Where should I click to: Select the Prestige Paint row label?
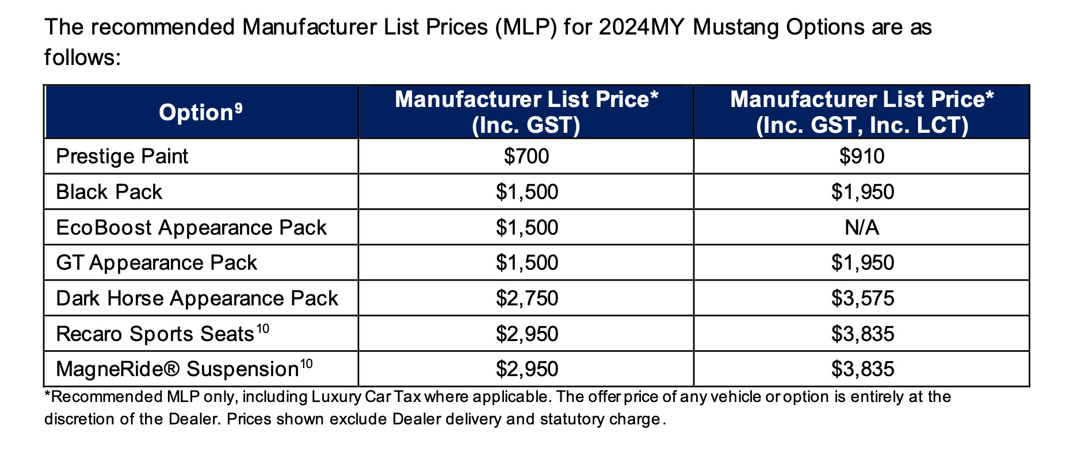[x=122, y=156]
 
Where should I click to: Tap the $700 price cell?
[x=526, y=156]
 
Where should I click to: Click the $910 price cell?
[x=861, y=156]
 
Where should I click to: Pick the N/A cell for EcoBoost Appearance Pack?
[x=861, y=228]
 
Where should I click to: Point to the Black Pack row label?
[x=109, y=192]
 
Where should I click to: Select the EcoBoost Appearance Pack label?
[x=191, y=228]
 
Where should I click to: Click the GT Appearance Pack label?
[x=156, y=263]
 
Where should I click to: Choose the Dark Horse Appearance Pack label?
[x=197, y=298]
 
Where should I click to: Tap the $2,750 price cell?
[x=526, y=298]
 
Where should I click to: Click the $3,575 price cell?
[x=862, y=298]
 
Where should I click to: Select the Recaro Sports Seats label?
[x=155, y=334]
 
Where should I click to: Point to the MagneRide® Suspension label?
[x=177, y=369]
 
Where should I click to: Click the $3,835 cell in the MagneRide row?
[x=862, y=369]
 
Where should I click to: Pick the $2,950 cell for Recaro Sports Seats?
[x=526, y=334]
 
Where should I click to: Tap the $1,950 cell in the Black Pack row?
[x=862, y=192]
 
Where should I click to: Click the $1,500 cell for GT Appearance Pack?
[x=526, y=263]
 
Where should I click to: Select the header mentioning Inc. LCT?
[x=861, y=112]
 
